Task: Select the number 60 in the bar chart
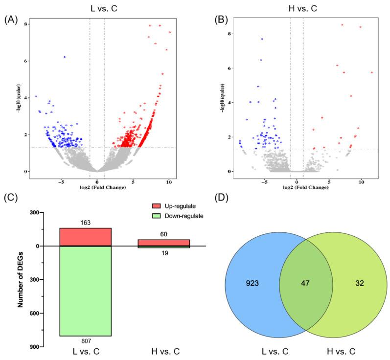click(163, 235)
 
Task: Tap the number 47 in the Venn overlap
click(306, 282)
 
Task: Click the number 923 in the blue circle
click(252, 282)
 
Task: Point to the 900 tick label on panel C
click(33, 346)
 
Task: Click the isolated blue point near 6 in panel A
click(64, 57)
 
